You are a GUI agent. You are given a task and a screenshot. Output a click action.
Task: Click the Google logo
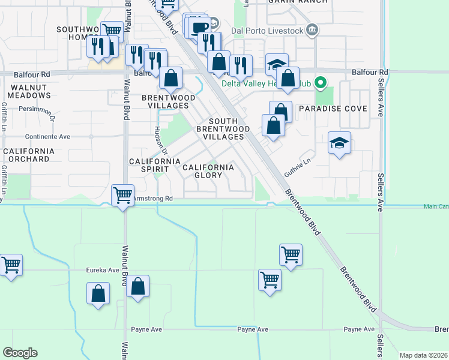(20, 353)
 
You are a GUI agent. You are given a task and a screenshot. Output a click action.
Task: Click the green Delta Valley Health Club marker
(321, 83)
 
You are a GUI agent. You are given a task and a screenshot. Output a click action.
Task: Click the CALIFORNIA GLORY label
(208, 171)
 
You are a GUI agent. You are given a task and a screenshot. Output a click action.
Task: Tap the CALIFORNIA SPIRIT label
(155, 166)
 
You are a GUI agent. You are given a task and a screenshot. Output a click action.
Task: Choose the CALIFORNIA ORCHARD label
(29, 155)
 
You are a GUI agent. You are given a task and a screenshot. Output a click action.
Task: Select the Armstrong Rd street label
(152, 198)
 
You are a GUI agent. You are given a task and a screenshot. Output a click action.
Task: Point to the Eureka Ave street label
(103, 270)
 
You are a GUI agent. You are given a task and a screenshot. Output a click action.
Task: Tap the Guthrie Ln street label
(298, 166)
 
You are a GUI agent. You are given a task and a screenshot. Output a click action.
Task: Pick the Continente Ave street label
(48, 136)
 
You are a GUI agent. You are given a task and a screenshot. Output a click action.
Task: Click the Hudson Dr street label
(160, 139)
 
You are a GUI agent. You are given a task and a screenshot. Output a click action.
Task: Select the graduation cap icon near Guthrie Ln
(340, 143)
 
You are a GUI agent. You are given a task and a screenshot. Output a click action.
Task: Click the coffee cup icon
(200, 26)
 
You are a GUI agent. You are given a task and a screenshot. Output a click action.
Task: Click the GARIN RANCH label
(307, 2)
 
